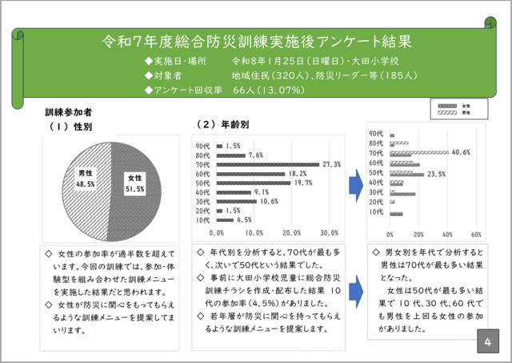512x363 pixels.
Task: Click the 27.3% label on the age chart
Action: pyautogui.click(x=331, y=164)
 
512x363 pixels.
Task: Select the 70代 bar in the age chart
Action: pyautogui.click(x=267, y=164)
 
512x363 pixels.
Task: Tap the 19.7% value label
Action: pyautogui.click(x=302, y=183)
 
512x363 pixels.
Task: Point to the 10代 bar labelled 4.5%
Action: pyautogui.click(x=224, y=220)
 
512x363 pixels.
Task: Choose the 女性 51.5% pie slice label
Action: pyautogui.click(x=134, y=184)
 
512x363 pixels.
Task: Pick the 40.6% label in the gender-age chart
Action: pyautogui.click(x=461, y=151)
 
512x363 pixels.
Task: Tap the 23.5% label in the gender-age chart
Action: pyautogui.click(x=436, y=173)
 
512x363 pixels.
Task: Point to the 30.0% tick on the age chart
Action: pyautogui.click(x=329, y=233)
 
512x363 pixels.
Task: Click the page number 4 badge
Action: pyautogui.click(x=487, y=342)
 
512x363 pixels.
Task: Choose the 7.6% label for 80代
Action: pyautogui.click(x=256, y=155)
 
